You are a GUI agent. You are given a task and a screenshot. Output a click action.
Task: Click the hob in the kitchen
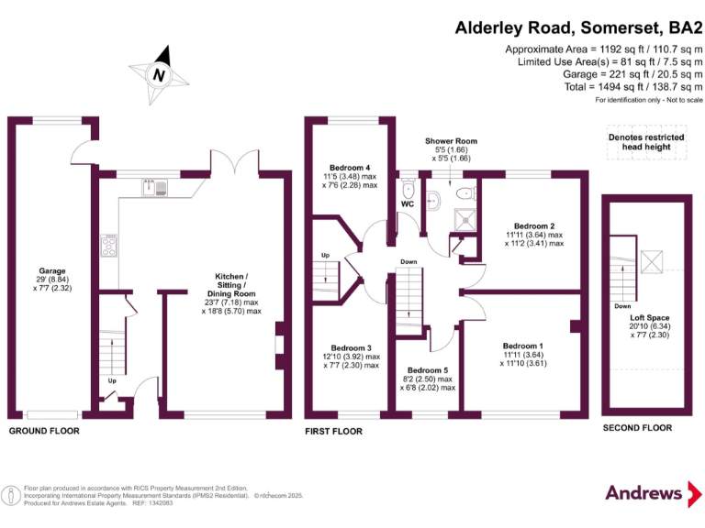[109, 245]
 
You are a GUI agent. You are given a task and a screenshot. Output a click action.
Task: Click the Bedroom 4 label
[349, 176]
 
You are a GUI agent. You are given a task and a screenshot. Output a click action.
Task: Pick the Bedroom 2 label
[534, 234]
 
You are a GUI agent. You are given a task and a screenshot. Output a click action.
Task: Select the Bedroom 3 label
[351, 356]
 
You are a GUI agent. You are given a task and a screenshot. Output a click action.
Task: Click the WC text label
[408, 204]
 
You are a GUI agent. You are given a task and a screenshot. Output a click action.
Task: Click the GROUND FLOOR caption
[44, 431]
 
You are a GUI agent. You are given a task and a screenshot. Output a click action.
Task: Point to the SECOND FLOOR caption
[636, 428]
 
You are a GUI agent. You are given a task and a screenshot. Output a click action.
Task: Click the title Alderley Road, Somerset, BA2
[578, 27]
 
